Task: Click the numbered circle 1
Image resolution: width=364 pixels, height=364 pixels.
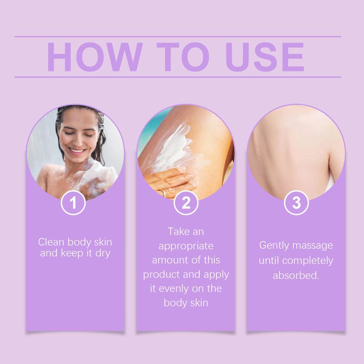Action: pyautogui.click(x=73, y=203)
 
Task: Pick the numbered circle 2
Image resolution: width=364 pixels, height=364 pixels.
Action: pyautogui.click(x=186, y=203)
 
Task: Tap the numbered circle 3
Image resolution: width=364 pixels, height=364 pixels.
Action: pyautogui.click(x=296, y=203)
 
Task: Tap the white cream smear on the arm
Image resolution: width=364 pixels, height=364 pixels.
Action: pyautogui.click(x=173, y=146)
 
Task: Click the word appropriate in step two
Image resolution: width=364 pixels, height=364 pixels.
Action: pyautogui.click(x=186, y=246)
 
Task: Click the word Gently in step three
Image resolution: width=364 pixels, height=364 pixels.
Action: pyautogui.click(x=273, y=245)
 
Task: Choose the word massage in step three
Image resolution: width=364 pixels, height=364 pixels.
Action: pyautogui.click(x=312, y=245)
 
